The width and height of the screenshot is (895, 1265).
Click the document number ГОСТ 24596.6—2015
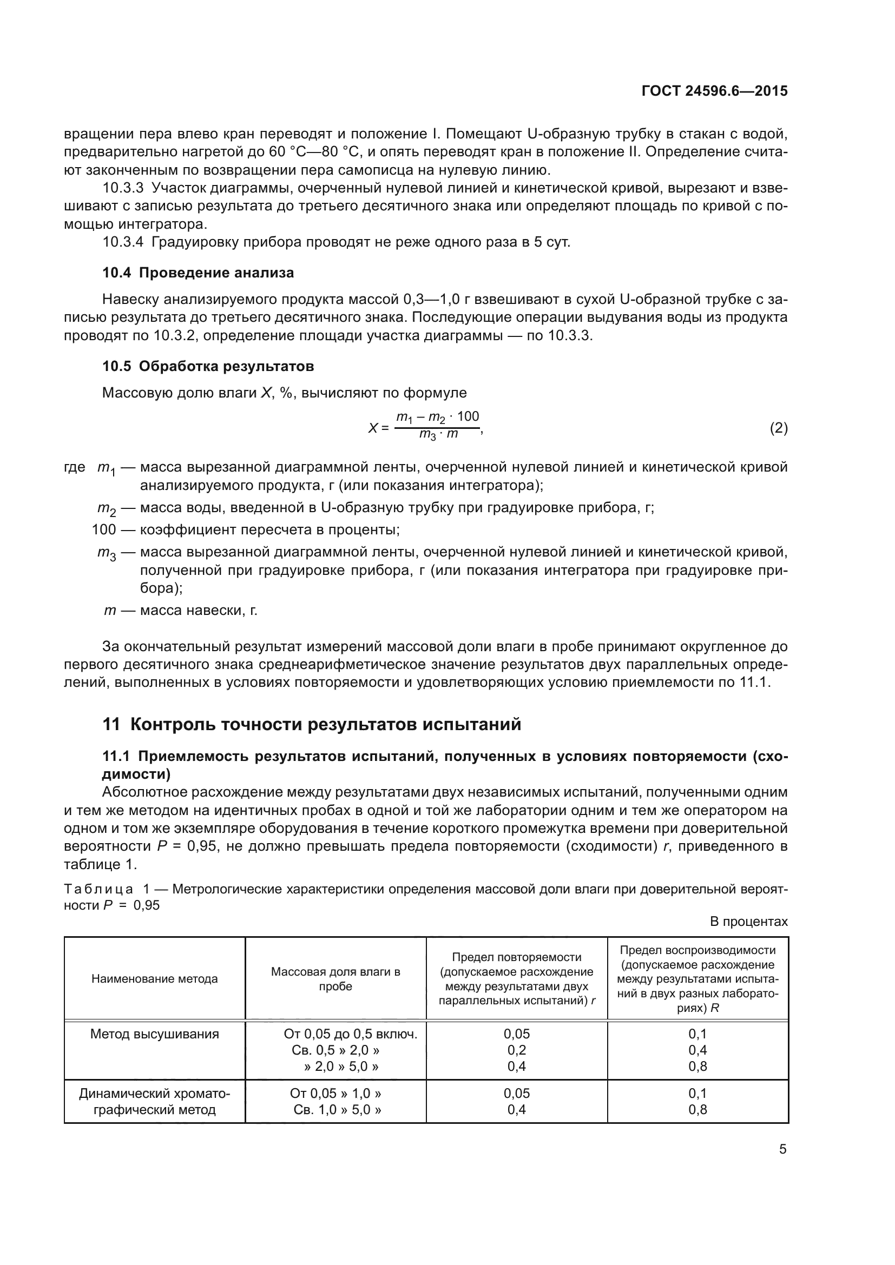(x=714, y=91)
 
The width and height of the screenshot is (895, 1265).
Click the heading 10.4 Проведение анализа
(x=198, y=273)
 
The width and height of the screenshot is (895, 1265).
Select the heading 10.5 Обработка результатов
(x=208, y=366)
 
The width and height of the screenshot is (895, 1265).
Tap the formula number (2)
(x=778, y=428)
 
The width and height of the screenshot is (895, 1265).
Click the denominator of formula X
(x=438, y=435)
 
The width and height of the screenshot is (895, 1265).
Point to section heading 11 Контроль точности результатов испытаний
(x=311, y=724)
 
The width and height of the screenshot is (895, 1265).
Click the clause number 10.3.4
(x=123, y=242)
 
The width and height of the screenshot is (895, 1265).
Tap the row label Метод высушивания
(x=154, y=1034)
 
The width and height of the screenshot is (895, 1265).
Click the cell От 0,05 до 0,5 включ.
(x=351, y=1034)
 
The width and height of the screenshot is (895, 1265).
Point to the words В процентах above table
(x=748, y=921)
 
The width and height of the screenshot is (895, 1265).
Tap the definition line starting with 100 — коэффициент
(x=245, y=529)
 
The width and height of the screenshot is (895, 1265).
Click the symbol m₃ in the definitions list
(x=107, y=553)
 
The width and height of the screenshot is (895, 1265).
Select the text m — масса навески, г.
(x=181, y=611)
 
